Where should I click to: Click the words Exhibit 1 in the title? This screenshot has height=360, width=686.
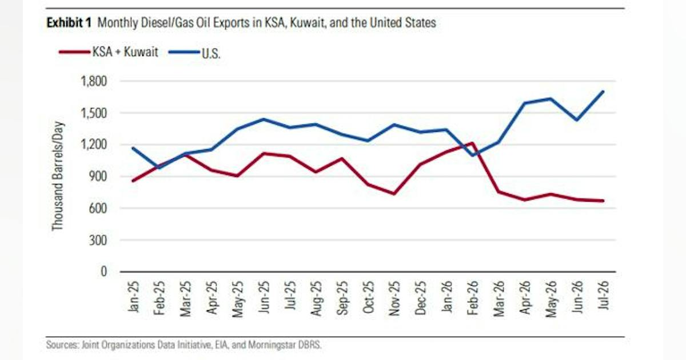69,23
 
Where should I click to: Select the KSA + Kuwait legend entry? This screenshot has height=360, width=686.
109,52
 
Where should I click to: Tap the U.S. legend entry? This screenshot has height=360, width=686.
194,53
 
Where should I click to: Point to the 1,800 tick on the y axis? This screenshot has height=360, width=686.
94,81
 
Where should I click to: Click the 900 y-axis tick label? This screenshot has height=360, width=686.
98,177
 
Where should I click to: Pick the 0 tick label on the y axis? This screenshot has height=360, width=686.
104,272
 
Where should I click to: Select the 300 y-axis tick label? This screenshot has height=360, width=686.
98,241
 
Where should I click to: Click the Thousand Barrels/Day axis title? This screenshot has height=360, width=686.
57,176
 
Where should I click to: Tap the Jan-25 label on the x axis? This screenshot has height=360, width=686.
133,297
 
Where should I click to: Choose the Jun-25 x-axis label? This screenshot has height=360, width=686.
264,297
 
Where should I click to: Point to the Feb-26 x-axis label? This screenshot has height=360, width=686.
473,298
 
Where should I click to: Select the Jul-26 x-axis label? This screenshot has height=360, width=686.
603,295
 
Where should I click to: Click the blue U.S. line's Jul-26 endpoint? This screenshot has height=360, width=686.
603,91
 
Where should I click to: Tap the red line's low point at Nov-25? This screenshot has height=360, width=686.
394,194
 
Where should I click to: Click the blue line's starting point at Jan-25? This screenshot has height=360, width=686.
133,149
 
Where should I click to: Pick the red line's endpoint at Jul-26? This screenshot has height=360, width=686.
603,201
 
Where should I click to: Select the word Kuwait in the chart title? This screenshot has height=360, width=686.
307,23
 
